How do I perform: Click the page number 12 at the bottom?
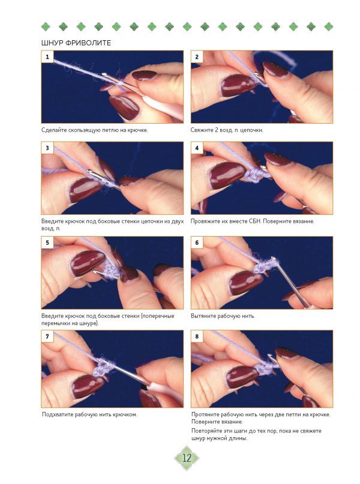click(x=187, y=458)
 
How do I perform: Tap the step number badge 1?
click(x=47, y=57)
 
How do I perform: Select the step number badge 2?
click(x=197, y=57)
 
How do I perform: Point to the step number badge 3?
click(x=47, y=148)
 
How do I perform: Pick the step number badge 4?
click(x=197, y=148)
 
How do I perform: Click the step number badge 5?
click(x=47, y=243)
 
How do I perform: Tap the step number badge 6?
click(x=197, y=243)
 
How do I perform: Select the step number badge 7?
click(x=47, y=336)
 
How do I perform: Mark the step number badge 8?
click(x=197, y=336)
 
